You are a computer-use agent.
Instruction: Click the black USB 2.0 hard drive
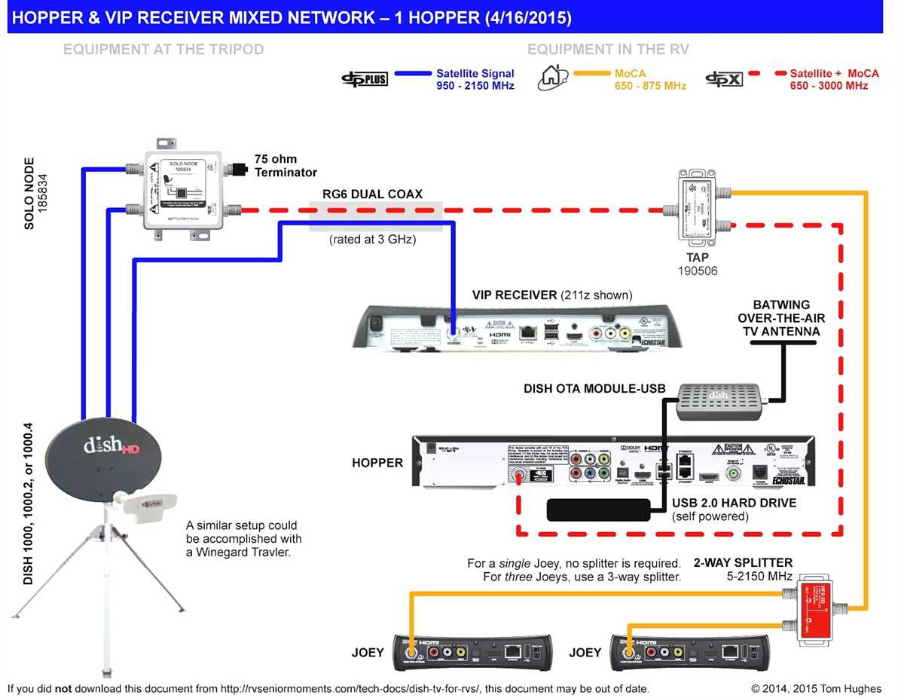599,510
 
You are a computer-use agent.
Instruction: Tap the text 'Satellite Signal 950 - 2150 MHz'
475,79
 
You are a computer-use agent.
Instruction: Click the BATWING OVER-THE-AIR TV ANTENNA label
779,317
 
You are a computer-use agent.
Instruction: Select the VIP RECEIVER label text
552,294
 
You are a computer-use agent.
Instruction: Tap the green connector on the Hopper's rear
731,474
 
